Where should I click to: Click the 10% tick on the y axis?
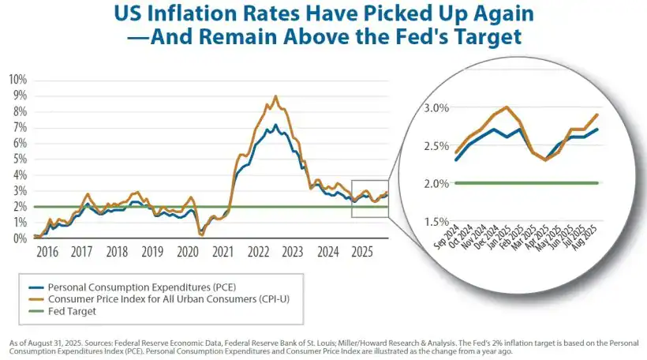(17, 80)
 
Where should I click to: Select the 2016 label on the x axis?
(47, 252)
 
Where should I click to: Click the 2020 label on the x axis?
(188, 252)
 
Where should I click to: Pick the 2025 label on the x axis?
(362, 252)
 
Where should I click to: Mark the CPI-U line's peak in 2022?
(275, 96)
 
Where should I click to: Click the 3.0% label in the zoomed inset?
(435, 107)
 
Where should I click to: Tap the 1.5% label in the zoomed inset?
(435, 222)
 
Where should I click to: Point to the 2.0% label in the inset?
(435, 184)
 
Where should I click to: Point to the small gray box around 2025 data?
(369, 198)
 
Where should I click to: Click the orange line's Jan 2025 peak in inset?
(506, 107)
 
